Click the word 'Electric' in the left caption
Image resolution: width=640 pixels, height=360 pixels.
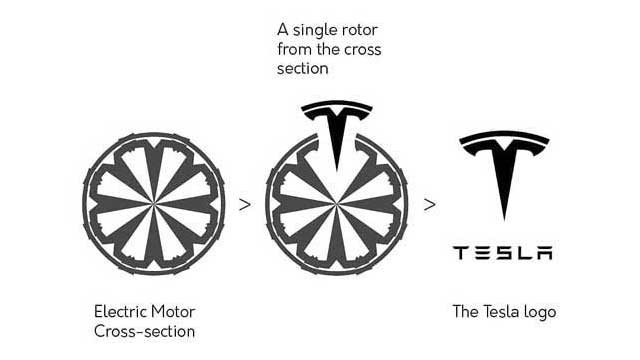(x=120, y=312)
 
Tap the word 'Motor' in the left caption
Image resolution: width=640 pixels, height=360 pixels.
(x=173, y=312)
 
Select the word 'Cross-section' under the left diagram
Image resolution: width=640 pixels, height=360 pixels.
(x=144, y=331)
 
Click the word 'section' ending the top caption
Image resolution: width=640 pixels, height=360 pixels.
(x=302, y=69)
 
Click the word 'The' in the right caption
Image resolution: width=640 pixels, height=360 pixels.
(x=466, y=312)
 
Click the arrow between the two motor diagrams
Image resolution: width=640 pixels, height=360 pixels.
(x=245, y=204)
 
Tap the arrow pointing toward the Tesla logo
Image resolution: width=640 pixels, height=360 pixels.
(x=429, y=204)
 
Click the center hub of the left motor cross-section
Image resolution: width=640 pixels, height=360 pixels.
(x=153, y=203)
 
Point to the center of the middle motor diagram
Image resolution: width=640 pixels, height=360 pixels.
(x=336, y=203)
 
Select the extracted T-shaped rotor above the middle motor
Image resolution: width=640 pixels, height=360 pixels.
(x=337, y=122)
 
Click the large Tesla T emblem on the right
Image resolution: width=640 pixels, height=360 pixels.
(x=504, y=163)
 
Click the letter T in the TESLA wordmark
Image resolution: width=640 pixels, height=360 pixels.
(x=460, y=253)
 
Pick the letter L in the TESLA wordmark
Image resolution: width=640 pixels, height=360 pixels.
(x=524, y=253)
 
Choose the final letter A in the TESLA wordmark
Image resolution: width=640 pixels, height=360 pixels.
(x=545, y=253)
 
